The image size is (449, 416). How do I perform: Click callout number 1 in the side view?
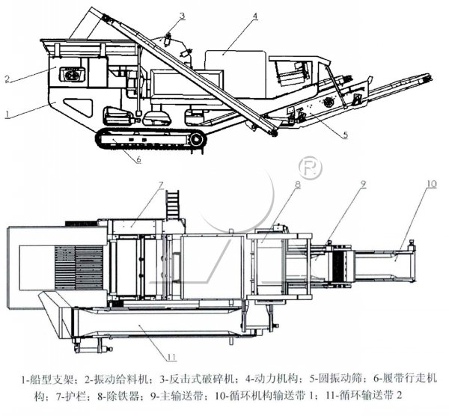[7, 114]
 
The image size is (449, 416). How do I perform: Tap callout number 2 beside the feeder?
[7, 79]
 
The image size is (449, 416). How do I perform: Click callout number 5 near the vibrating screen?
[345, 135]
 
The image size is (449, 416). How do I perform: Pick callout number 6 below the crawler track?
[138, 159]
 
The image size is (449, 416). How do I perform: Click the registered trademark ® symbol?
[306, 165]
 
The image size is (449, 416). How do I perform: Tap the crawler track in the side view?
[150, 139]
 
